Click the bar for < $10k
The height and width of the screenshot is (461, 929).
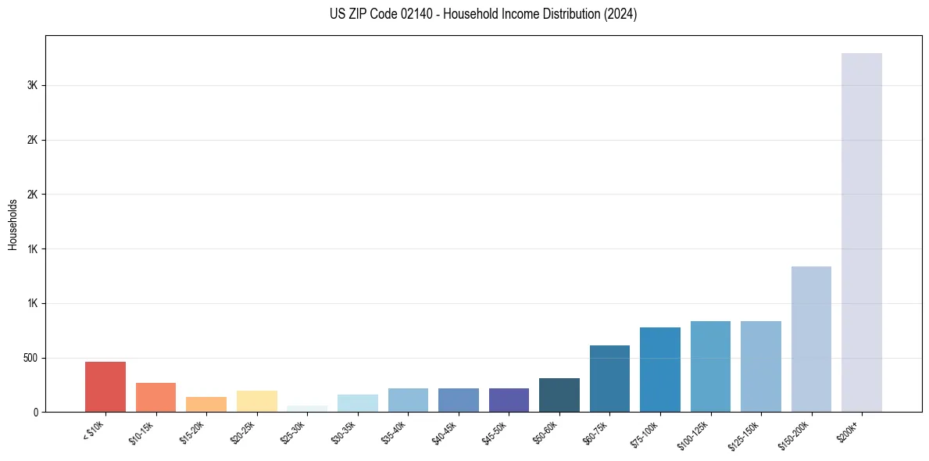(105, 387)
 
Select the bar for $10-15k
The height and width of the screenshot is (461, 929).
(155, 397)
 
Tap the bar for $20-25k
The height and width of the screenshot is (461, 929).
(256, 401)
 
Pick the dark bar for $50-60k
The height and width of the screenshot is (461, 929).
(559, 395)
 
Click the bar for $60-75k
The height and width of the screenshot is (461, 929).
(609, 379)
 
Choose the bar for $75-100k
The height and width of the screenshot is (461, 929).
(659, 370)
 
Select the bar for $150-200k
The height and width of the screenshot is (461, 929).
(811, 339)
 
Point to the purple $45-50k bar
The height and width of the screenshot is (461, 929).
(509, 400)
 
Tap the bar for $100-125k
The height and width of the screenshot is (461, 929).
(710, 366)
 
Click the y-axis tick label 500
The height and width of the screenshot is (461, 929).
(31, 358)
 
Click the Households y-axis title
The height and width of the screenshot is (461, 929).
(13, 223)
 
